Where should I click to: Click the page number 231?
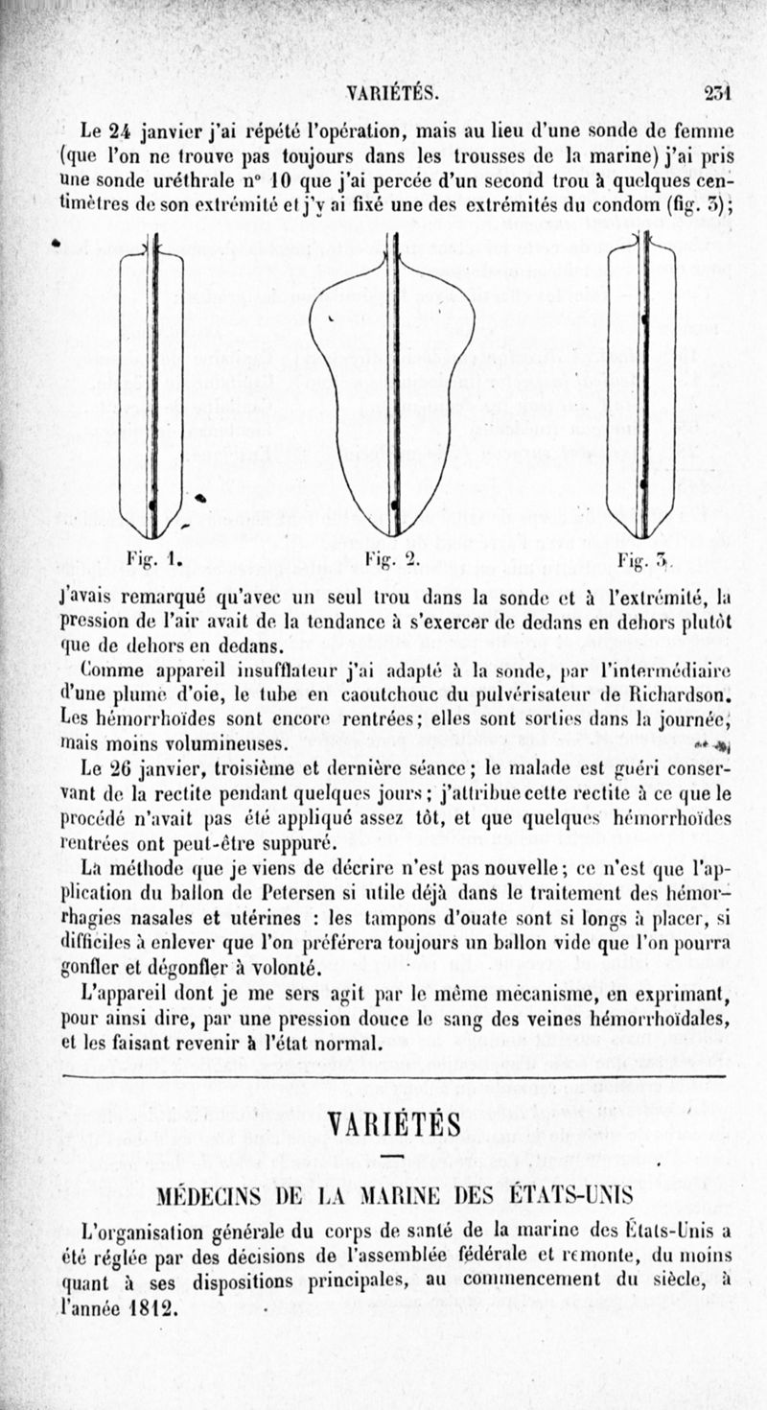point(717,92)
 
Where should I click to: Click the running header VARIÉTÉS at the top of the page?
point(393,93)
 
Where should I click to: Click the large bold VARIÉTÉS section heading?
point(393,1122)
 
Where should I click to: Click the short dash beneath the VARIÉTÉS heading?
point(393,1157)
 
